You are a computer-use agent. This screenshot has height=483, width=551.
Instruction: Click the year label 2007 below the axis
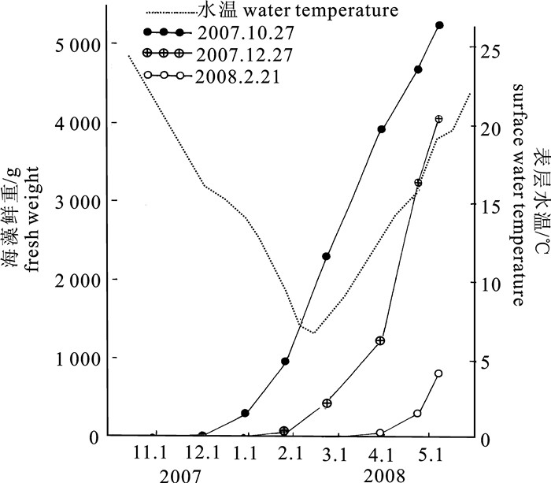click(180, 474)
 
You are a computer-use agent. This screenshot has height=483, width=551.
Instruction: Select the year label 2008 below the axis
click(383, 474)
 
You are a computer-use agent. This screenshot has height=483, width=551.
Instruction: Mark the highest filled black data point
click(439, 25)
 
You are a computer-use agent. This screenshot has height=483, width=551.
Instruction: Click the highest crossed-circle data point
click(438, 119)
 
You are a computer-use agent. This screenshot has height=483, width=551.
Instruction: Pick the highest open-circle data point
click(438, 373)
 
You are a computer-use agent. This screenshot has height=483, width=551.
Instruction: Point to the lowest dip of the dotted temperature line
click(313, 333)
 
